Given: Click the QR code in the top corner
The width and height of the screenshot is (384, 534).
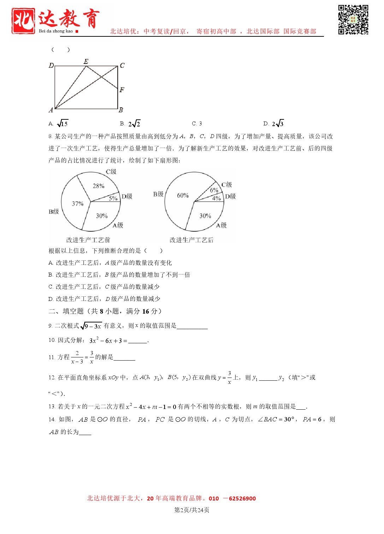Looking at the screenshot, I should [353, 19].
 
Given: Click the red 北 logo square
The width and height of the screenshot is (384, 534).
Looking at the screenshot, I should [23, 21].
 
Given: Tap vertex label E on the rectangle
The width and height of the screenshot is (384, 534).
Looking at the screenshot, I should [86, 61].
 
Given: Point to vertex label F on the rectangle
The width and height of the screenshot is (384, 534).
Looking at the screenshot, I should [122, 90].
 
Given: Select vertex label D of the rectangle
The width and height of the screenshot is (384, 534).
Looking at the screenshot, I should [51, 65].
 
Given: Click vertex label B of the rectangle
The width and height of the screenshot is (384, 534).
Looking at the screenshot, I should [121, 110].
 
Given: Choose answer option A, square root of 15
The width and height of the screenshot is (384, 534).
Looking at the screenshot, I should [59, 124].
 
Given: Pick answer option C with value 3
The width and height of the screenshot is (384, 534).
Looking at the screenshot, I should [197, 124].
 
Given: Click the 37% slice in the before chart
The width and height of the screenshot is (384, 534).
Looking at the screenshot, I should [77, 204].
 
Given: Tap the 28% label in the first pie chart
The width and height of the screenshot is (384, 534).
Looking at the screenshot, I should [99, 186].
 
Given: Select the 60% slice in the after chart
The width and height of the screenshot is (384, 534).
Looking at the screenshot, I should [183, 195].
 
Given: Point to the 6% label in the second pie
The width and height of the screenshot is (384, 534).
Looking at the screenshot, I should [214, 190].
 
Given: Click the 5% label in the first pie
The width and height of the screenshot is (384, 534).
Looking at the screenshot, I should [113, 198].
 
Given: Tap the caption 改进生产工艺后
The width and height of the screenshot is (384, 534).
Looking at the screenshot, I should [191, 240].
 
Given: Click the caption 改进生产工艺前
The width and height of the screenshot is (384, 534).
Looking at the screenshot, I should [88, 240].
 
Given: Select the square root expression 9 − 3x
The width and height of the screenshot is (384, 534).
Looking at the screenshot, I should [91, 326].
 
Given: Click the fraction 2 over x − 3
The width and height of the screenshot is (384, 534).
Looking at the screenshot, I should [77, 357].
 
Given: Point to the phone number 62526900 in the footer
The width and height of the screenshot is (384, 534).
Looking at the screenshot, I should [242, 499].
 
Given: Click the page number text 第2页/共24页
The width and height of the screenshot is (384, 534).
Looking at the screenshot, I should [192, 510].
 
